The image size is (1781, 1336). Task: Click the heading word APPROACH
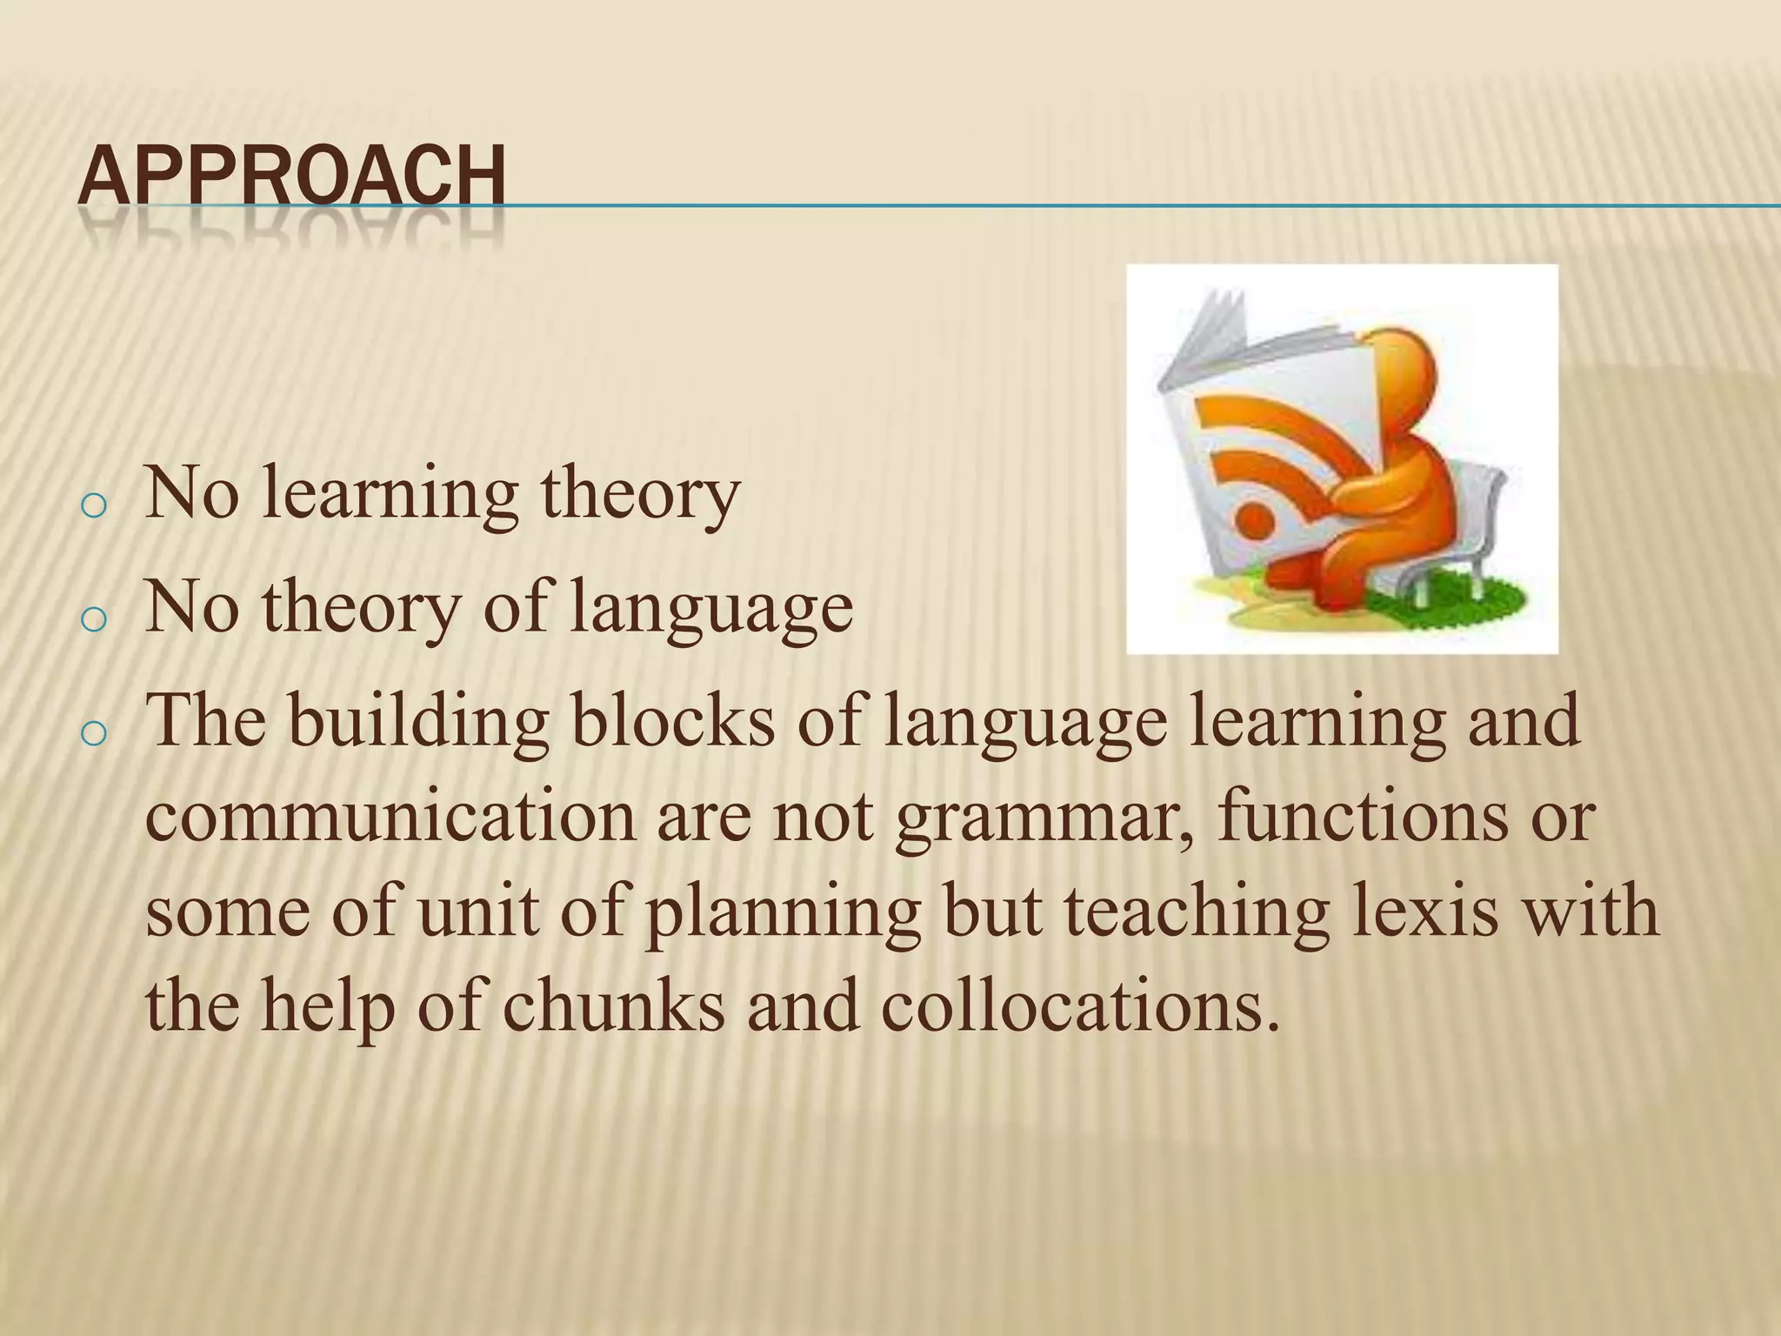tap(291, 177)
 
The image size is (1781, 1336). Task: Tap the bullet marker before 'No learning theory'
tap(91, 506)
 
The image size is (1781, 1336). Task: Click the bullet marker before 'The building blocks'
tap(91, 734)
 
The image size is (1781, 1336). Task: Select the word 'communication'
tap(390, 818)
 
